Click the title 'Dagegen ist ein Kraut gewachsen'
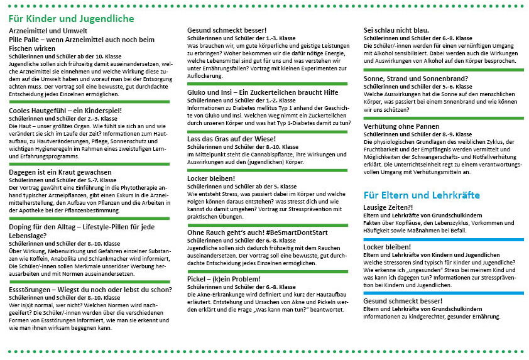tap(60, 172)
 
